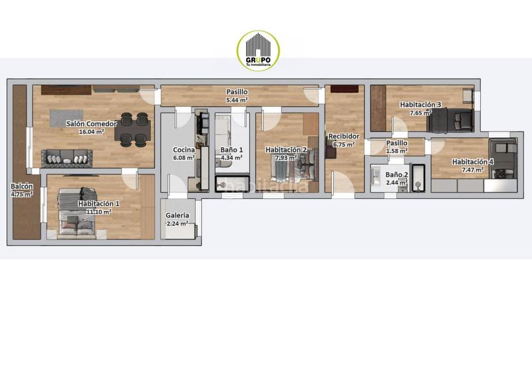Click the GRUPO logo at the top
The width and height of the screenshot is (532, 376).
tap(258, 51)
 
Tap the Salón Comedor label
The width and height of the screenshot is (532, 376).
tap(92, 124)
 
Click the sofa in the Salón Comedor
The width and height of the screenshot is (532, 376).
tap(66, 158)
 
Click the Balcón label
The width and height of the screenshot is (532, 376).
tap(21, 186)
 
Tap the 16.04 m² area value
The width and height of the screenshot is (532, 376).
tap(91, 132)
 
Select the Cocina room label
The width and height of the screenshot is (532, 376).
tap(184, 150)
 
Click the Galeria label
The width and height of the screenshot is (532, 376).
tap(178, 216)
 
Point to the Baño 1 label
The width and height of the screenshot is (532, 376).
tap(232, 150)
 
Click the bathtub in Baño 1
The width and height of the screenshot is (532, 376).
tap(232, 183)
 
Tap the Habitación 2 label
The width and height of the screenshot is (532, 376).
tap(286, 150)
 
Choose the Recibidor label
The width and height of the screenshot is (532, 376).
tap(344, 136)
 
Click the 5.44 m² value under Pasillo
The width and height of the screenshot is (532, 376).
tap(237, 100)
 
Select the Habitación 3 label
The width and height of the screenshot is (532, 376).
tap(421, 104)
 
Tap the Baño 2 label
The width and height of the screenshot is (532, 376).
tap(397, 174)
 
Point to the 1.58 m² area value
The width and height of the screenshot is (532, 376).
tap(397, 151)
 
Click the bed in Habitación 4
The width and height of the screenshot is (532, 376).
tap(503, 160)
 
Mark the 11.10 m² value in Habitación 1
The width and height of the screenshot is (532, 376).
tap(98, 212)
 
